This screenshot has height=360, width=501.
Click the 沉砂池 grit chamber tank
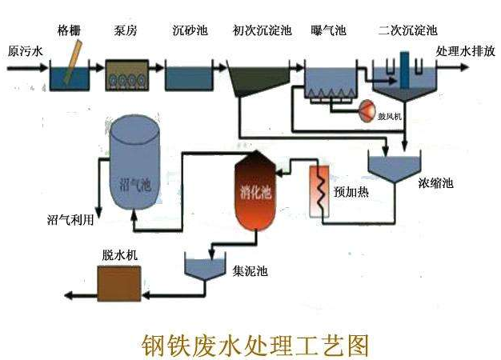(x=187, y=78)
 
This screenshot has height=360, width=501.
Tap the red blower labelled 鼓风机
(x=371, y=106)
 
